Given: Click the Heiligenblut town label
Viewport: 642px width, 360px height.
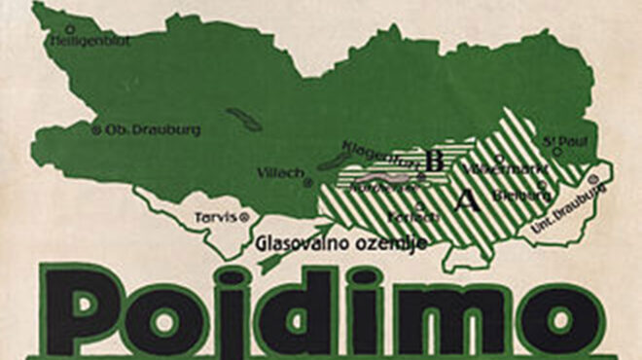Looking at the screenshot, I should click(89, 40).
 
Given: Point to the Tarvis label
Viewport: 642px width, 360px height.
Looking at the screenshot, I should click(214, 215).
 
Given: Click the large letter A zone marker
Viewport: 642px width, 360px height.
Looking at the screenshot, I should click(467, 201).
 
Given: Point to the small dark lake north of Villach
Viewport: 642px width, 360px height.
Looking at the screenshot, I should click(244, 121).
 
